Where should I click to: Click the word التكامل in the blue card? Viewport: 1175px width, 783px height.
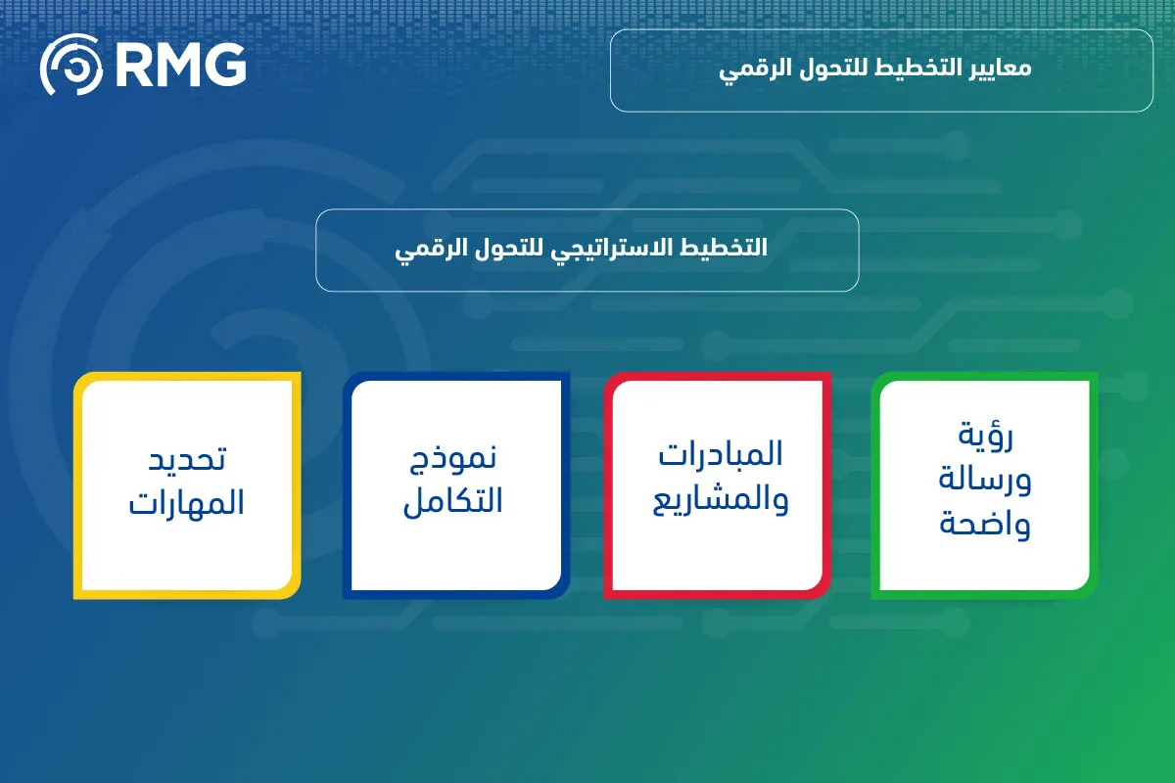coord(453,501)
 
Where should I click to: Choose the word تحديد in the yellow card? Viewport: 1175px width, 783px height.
coord(187,457)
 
